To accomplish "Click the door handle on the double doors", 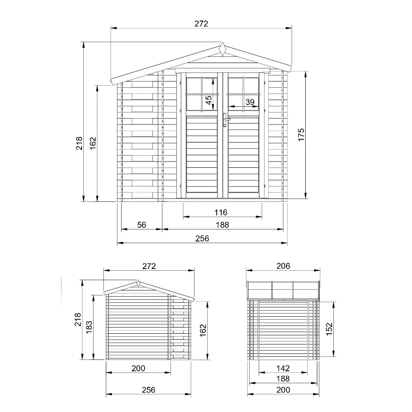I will (225, 120).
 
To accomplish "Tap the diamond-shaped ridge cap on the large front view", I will (222, 49).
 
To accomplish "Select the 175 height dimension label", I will (301, 135).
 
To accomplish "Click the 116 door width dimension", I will (221, 213).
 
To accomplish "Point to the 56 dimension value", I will (142, 225).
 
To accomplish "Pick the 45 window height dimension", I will (209, 100).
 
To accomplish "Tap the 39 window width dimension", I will (250, 102).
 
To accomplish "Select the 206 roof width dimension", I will (283, 266).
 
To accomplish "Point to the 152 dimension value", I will (329, 329).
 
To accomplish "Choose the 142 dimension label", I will (283, 368).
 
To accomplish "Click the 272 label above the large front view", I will (201, 24).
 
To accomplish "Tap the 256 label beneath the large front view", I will (202, 239).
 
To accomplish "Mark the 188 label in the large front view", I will (222, 225).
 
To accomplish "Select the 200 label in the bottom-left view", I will (138, 368).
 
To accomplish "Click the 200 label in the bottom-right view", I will (283, 390).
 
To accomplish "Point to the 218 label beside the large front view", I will (80, 143).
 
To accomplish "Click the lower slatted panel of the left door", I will (202, 154).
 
